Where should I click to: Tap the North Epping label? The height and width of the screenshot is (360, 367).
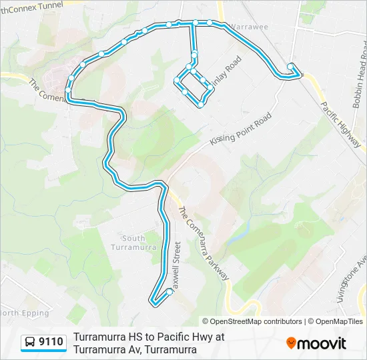(24, 313)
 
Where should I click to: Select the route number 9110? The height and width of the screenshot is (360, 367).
(51, 343)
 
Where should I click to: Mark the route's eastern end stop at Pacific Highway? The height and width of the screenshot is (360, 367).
(292, 65)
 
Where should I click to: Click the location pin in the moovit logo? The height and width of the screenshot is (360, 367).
(292, 343)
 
